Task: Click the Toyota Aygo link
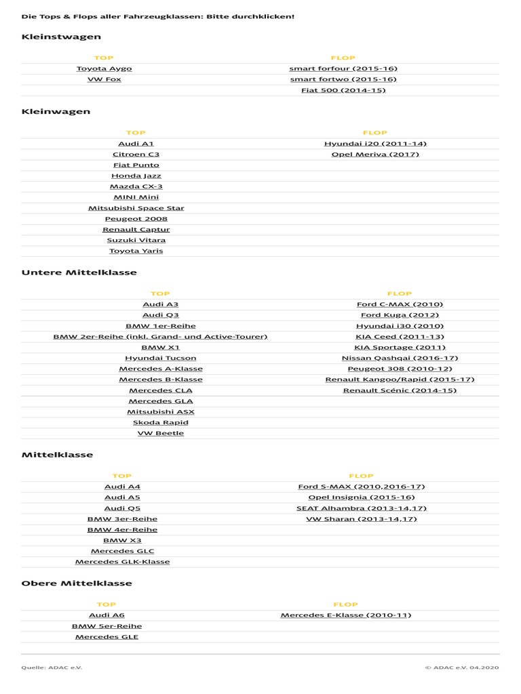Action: [104, 68]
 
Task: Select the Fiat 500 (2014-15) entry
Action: [343, 90]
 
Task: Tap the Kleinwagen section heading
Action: [56, 111]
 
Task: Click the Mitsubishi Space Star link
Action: [136, 208]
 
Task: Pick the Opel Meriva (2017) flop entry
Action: [375, 155]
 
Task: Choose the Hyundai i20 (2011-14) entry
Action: [375, 144]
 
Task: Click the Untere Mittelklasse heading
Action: [79, 272]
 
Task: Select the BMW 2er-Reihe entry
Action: [160, 337]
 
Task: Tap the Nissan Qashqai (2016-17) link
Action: [400, 358]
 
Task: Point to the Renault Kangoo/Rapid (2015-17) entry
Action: [400, 380]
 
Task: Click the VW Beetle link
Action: [160, 433]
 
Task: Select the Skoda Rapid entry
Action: [160, 422]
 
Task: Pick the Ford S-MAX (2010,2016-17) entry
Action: [362, 487]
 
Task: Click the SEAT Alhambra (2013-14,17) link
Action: [362, 508]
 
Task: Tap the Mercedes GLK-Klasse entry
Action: [122, 562]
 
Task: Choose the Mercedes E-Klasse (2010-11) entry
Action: [345, 615]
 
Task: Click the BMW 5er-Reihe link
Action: [107, 626]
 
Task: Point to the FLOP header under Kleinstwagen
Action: [343, 58]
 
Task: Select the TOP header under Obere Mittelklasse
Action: [107, 605]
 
